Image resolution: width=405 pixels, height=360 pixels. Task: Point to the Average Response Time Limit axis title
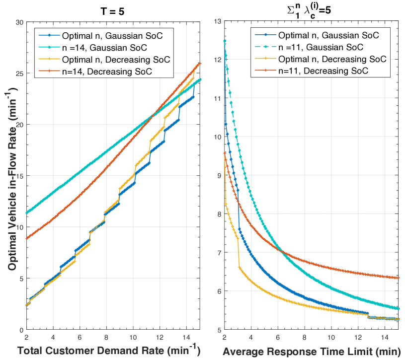[311, 351]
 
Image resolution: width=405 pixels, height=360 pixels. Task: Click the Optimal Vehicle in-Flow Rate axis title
[11, 176]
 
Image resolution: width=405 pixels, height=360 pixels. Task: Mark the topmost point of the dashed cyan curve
[225, 41]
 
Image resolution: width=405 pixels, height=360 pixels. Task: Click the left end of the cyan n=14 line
[26, 213]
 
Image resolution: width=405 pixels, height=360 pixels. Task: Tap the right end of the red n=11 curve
[399, 278]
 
